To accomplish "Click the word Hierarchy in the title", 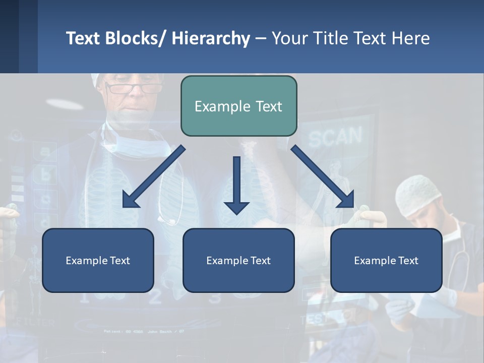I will point(211,38).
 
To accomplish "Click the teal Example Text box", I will point(238,106).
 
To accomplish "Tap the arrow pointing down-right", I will point(323,176).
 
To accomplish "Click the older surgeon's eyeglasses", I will point(133,89).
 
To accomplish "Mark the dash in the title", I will point(260,39).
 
